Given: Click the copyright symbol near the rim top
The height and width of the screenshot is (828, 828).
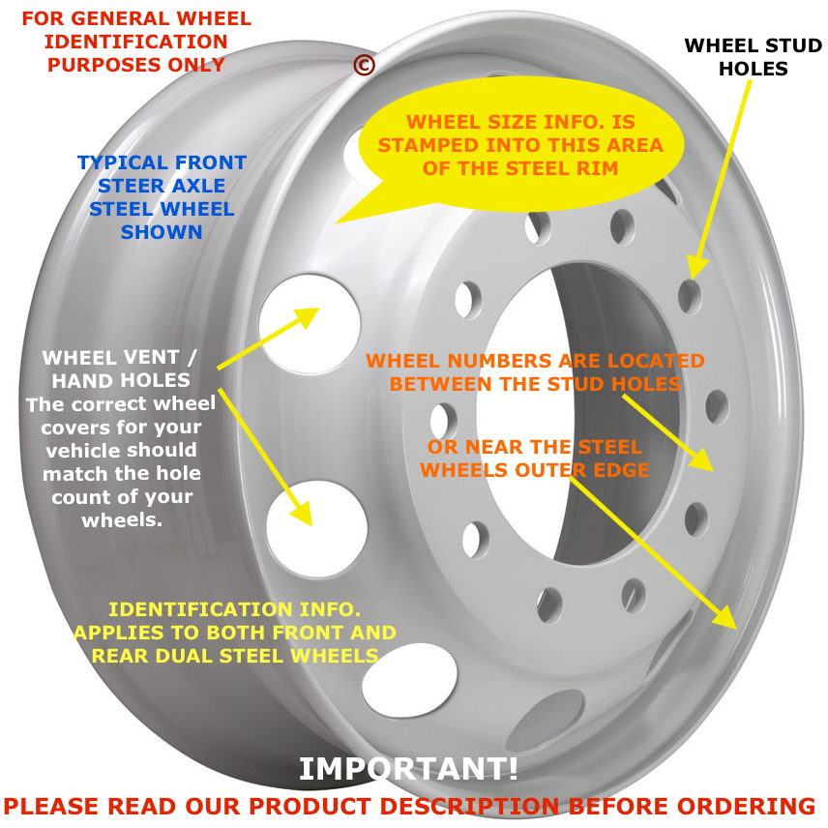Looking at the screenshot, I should [364, 65].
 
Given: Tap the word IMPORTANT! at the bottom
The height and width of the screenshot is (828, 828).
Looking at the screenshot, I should [407, 769].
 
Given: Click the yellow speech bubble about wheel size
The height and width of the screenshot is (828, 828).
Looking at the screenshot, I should [519, 146].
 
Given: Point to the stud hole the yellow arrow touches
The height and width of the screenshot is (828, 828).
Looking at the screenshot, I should [690, 294].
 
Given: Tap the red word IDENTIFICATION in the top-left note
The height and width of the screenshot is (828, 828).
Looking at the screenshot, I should [135, 42].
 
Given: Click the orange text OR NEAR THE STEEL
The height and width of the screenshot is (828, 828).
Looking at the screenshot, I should [534, 447].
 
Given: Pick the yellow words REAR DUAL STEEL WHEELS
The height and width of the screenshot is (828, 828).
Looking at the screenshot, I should [234, 656].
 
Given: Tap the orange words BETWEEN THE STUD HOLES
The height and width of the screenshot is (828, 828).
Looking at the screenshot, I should [535, 384].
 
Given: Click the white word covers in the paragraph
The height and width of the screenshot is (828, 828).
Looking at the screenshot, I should [76, 427].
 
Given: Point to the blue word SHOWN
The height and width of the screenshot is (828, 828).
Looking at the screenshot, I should [161, 232].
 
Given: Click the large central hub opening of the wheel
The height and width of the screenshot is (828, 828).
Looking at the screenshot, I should [571, 406].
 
